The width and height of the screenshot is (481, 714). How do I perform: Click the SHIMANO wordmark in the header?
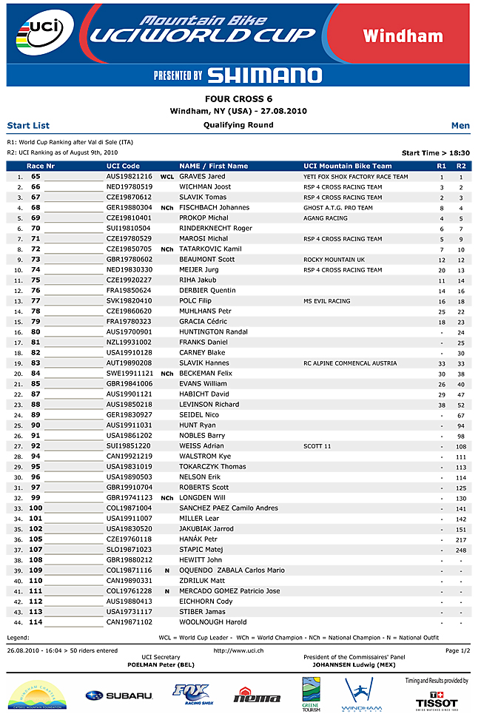(264, 75)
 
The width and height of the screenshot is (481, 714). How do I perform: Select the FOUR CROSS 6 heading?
(238, 98)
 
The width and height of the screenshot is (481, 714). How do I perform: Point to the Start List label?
(28, 126)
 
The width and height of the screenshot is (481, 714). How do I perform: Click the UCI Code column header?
(123, 166)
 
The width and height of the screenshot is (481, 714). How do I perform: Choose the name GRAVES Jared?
(202, 177)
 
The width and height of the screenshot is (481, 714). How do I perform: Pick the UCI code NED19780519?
(129, 187)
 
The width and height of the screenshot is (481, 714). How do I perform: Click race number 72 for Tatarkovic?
(36, 249)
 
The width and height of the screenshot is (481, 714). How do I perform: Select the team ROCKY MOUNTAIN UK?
(334, 260)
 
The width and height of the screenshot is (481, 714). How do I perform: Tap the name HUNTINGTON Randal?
(213, 332)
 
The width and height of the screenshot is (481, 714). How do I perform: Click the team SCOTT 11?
(317, 446)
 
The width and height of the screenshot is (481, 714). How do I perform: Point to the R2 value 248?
(461, 550)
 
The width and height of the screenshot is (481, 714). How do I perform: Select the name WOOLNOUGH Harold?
(213, 622)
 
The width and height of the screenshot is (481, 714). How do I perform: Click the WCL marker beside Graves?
(167, 178)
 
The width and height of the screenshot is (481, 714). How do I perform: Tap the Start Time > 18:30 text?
(436, 152)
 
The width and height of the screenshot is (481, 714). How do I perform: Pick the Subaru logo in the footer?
(118, 696)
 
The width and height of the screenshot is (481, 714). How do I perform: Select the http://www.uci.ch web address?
(238, 651)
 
